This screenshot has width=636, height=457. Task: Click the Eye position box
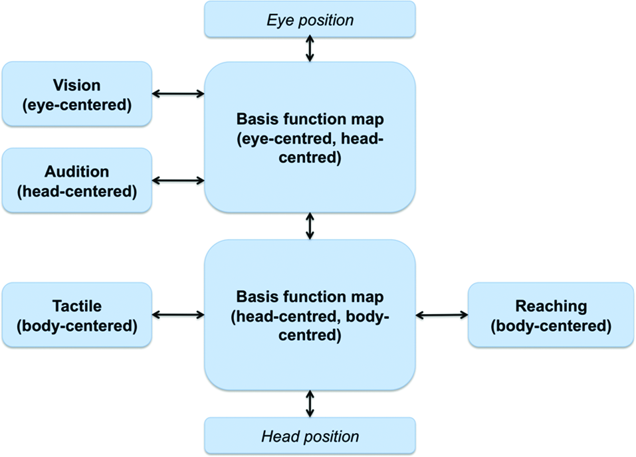[x=310, y=19]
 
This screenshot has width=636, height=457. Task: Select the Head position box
[x=310, y=436]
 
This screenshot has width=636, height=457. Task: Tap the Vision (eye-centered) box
[x=76, y=94]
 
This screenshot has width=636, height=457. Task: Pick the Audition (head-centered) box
[x=76, y=181]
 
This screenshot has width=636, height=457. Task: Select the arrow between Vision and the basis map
[x=178, y=94]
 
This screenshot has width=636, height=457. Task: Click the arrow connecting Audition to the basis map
[x=178, y=180]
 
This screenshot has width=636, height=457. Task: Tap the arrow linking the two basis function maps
[x=310, y=227]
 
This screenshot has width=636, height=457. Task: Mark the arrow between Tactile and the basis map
[x=178, y=315]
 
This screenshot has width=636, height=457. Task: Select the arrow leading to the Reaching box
[x=442, y=315]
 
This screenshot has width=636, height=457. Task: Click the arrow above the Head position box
[x=310, y=404]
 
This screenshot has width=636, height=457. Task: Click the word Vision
[x=76, y=86]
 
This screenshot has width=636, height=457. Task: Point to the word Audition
[x=76, y=171]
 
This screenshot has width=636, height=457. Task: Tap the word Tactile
[x=76, y=306]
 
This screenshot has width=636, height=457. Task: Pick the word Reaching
[x=551, y=306]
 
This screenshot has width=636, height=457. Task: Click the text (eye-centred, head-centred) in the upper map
[x=310, y=149]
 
